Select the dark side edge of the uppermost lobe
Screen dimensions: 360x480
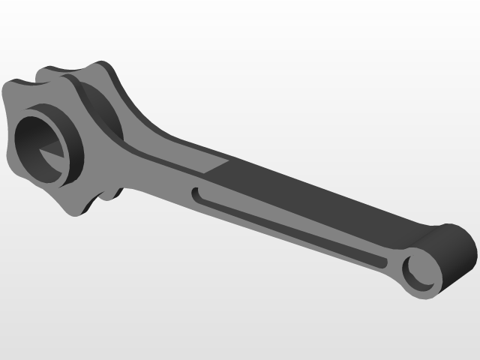pos(112,75)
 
